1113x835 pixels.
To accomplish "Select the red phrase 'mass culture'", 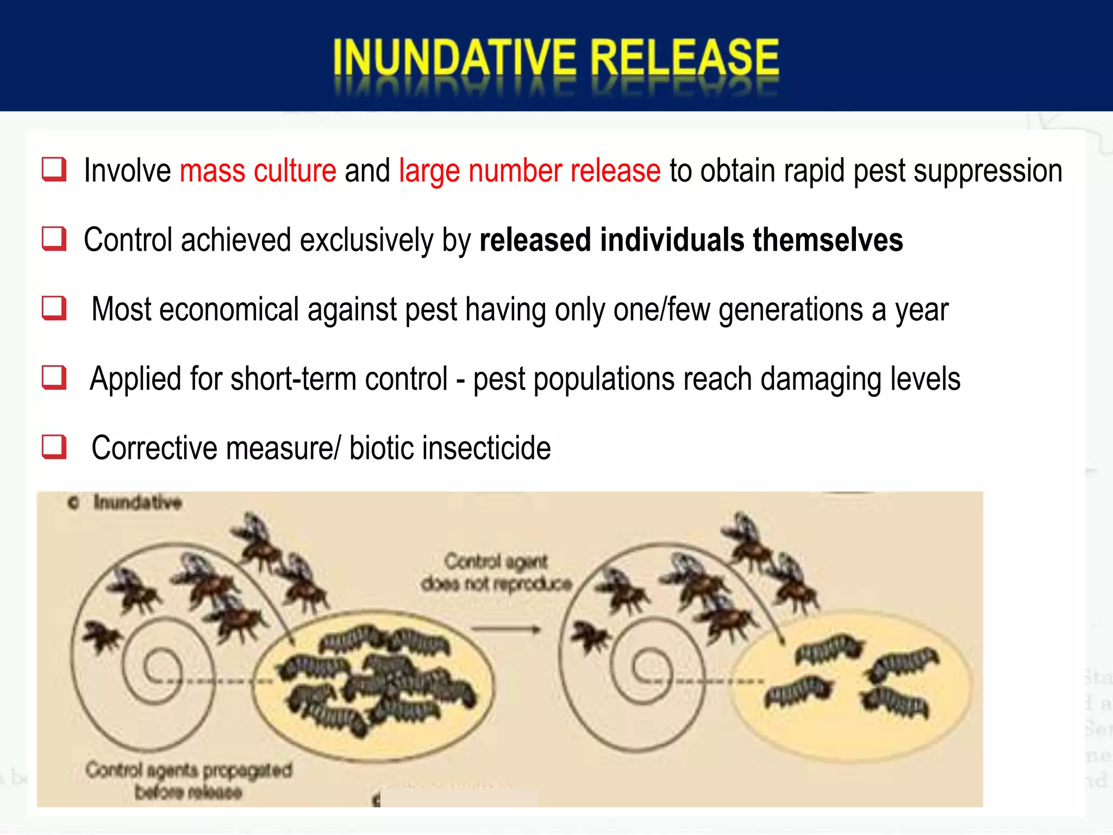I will pyautogui.click(x=258, y=171).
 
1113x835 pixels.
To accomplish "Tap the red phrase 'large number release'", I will pyautogui.click(x=530, y=171).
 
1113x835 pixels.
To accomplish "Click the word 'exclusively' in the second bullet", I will pyautogui.click(x=366, y=240).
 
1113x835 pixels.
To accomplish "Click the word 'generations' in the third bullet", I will pyautogui.click(x=791, y=310).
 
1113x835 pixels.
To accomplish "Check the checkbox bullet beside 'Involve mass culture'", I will pyautogui.click(x=54, y=169).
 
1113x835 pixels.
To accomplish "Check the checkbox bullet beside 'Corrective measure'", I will pyautogui.click(x=54, y=447).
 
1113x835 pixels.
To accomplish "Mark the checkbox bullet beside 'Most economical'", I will pyautogui.click(x=54, y=308).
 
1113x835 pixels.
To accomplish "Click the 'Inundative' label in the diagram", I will pyautogui.click(x=137, y=502).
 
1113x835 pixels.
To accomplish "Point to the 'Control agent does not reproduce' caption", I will pyautogui.click(x=496, y=572).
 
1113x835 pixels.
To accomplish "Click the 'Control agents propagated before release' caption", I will pyautogui.click(x=189, y=781).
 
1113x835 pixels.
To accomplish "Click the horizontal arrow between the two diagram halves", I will pyautogui.click(x=505, y=630).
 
